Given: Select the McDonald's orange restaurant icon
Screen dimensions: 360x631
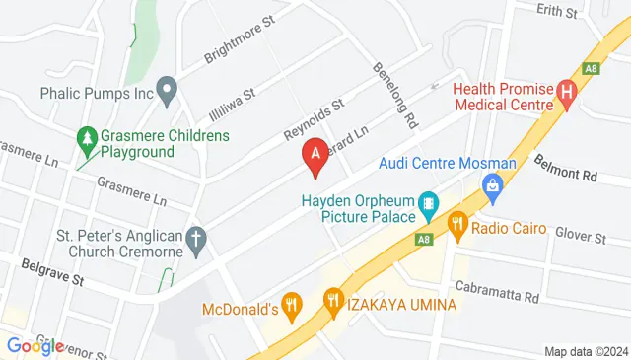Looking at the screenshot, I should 291,305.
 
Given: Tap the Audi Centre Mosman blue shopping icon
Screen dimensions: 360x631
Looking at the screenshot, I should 491,184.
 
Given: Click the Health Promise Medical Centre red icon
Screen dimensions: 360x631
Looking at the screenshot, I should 566,95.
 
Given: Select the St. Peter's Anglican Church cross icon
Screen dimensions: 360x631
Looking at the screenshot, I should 196,239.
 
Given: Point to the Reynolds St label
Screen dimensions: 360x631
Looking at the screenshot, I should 313,117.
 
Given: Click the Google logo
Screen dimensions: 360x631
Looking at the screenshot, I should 35,345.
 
